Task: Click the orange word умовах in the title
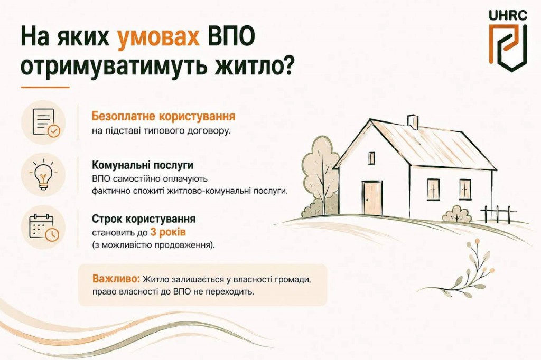pos(158,37)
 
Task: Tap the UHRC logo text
pos(508,15)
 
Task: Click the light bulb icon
pos(43,175)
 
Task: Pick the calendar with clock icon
pos(44,226)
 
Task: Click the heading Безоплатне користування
pos(164,116)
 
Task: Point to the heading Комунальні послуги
pos(143,165)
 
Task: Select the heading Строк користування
pos(144,219)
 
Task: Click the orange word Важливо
pos(116,279)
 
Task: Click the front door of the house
pos(372,198)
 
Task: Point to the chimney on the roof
pos(413,122)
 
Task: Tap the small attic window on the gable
pos(371,158)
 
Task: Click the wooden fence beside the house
pos(499,213)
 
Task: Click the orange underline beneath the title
pos(45,87)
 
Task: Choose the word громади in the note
pos(292,279)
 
